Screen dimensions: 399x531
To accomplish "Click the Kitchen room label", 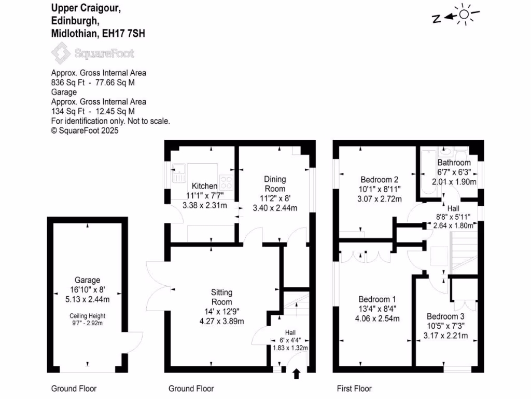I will pos(204,186).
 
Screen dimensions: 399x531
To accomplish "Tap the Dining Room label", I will pos(275,183).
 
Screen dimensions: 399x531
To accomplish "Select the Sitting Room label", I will pos(221,297).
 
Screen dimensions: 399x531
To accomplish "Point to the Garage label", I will pos(87,280).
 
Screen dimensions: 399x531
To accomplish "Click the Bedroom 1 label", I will pos(377,299).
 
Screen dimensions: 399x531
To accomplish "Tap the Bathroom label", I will pos(454,163).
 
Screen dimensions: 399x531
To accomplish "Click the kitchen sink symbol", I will pos(178,171).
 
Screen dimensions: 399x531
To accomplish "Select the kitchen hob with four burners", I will pos(227,182).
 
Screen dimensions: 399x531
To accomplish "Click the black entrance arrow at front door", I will pos(296,374).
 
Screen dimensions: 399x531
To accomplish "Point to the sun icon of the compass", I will pos(463,15).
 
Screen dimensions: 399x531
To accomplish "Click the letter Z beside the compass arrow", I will pos(437,19).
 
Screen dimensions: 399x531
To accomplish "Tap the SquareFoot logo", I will pos(92,53).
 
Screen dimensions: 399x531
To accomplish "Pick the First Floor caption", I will pos(354,389).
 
